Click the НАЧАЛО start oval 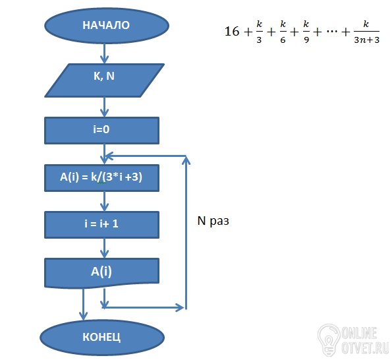tap(107, 26)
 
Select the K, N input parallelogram tap(105, 80)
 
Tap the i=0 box tap(101, 131)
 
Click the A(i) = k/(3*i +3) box tap(101, 178)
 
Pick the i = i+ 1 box tap(101, 225)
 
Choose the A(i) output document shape tap(101, 273)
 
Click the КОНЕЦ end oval tap(102, 338)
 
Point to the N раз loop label tap(213, 221)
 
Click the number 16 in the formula tap(232, 32)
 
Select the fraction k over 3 tap(260, 32)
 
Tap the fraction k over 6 tap(283, 32)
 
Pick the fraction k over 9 tap(306, 32)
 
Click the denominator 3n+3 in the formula tap(367, 40)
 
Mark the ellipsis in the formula tap(332, 32)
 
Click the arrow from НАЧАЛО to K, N tap(105, 53)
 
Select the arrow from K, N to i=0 tap(105, 107)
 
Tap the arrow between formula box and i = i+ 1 tap(105, 201)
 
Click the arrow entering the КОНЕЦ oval tap(83, 304)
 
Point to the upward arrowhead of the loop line tap(186, 160)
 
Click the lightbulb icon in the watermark tap(329, 340)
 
